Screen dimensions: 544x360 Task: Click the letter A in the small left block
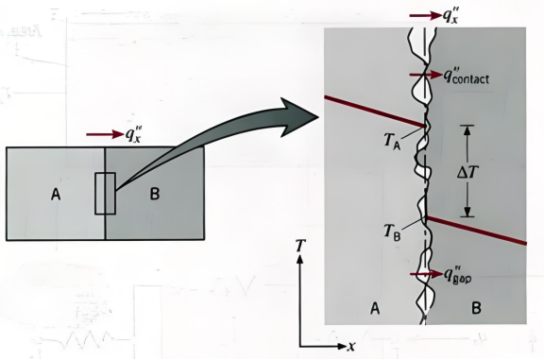click(56, 194)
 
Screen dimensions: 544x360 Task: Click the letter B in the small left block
click(155, 194)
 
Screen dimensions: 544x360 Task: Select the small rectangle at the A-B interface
click(105, 194)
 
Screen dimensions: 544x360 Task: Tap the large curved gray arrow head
click(299, 116)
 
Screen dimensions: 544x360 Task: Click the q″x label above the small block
click(133, 134)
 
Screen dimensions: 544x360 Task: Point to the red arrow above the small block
click(105, 134)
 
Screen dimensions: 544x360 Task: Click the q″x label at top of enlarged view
click(450, 16)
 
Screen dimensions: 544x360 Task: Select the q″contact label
click(467, 77)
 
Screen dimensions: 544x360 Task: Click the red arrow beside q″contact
click(426, 75)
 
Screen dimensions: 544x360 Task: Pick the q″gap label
click(458, 276)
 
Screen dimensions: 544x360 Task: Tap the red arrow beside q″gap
click(426, 274)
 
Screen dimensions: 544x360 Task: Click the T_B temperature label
click(392, 231)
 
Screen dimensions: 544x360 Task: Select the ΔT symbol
click(468, 171)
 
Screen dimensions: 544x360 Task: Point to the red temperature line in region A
click(374, 111)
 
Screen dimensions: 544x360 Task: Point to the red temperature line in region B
click(477, 231)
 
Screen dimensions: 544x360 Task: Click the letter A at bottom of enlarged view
click(375, 308)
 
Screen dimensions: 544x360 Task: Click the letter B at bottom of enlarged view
click(477, 308)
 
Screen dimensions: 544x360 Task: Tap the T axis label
click(300, 246)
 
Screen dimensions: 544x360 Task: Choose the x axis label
click(351, 346)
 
